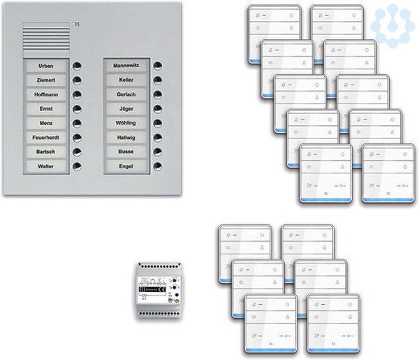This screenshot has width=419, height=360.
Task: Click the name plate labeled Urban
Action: (x=47, y=66)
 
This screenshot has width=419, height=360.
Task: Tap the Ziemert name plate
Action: (x=47, y=80)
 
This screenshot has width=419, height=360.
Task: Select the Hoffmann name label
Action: (x=47, y=94)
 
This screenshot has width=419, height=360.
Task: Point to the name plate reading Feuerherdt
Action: (x=47, y=137)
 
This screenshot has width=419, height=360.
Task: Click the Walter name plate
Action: (x=47, y=166)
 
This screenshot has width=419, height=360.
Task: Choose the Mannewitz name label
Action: (x=126, y=66)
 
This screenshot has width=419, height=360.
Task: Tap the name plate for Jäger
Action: (x=126, y=108)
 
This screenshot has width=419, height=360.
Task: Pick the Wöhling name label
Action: (x=126, y=123)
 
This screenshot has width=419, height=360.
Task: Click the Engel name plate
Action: (x=126, y=166)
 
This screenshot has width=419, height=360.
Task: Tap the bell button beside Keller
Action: (x=158, y=80)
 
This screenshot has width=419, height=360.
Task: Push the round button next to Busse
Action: (x=158, y=152)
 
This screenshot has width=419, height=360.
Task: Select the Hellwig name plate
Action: (x=126, y=137)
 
